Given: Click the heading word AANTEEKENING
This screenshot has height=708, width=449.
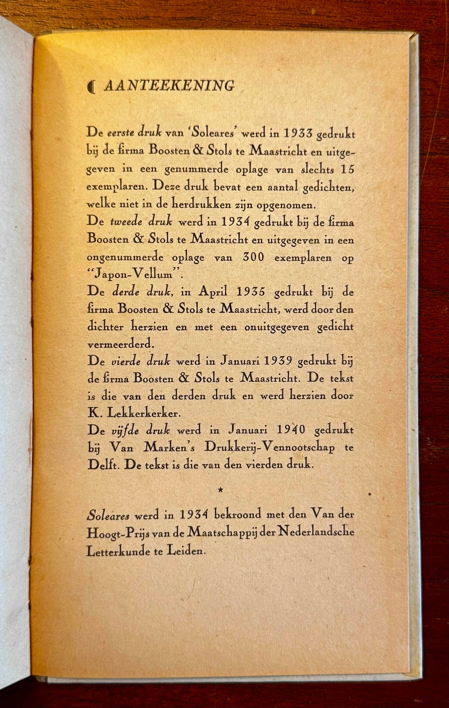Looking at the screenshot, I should (169, 86).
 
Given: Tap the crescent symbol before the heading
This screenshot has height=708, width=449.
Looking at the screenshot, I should (91, 87).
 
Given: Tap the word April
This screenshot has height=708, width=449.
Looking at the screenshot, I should (213, 292).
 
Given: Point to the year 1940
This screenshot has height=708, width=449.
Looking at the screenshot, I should (289, 430).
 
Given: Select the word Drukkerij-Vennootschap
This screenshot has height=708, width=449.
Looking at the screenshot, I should (270, 448).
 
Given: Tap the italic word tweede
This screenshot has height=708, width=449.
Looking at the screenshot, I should (126, 223).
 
